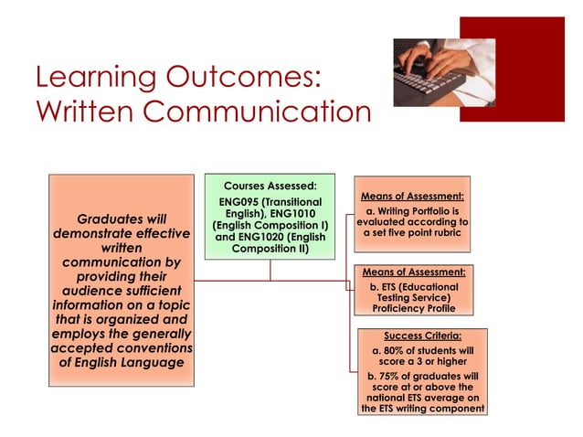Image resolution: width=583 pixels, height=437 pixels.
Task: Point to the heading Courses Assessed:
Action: pyautogui.click(x=270, y=186)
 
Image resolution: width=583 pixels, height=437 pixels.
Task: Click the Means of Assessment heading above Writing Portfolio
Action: pyautogui.click(x=412, y=196)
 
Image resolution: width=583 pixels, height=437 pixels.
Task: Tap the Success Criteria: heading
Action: pyautogui.click(x=422, y=336)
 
